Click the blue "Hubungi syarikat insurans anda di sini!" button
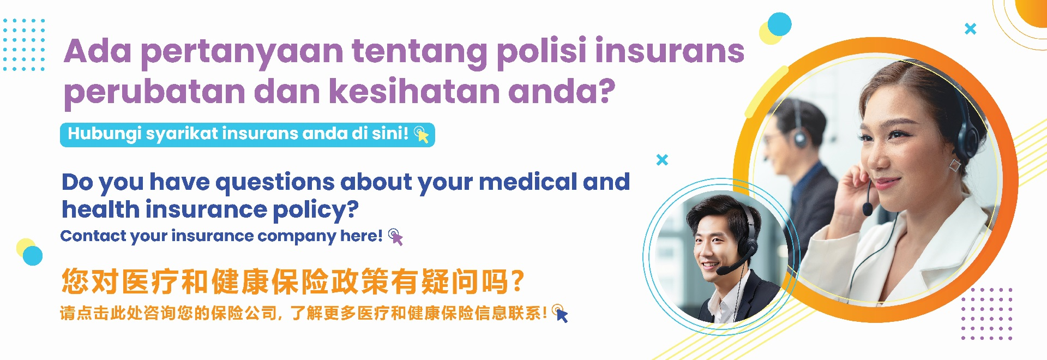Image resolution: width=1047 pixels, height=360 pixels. click(248, 135)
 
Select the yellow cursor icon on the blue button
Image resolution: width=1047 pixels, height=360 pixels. click(422, 134)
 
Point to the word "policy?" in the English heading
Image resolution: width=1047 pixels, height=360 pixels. click(316, 210)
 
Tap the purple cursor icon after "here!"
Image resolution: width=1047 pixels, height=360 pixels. click(396, 237)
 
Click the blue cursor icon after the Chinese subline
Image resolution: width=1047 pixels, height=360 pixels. click(560, 314)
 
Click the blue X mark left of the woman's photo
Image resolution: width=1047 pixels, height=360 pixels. click(662, 160)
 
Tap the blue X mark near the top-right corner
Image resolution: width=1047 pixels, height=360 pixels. click(970, 29)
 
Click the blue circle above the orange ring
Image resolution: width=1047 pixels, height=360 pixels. click(779, 25)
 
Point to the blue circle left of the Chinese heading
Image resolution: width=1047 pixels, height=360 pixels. click(33, 255)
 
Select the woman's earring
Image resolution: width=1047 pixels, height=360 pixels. click(955, 165)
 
